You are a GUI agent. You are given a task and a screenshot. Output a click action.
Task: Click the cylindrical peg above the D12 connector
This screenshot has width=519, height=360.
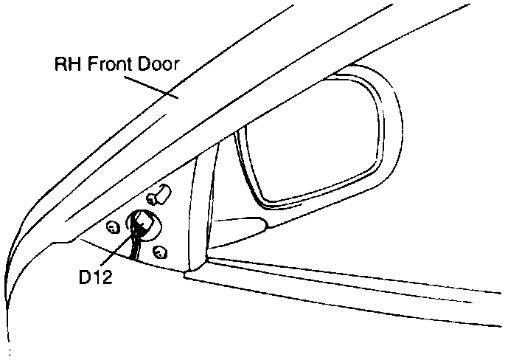159,195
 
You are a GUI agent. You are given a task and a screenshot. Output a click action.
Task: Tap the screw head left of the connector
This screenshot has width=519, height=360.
113,226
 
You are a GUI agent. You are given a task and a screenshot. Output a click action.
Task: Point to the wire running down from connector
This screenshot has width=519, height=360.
133,247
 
